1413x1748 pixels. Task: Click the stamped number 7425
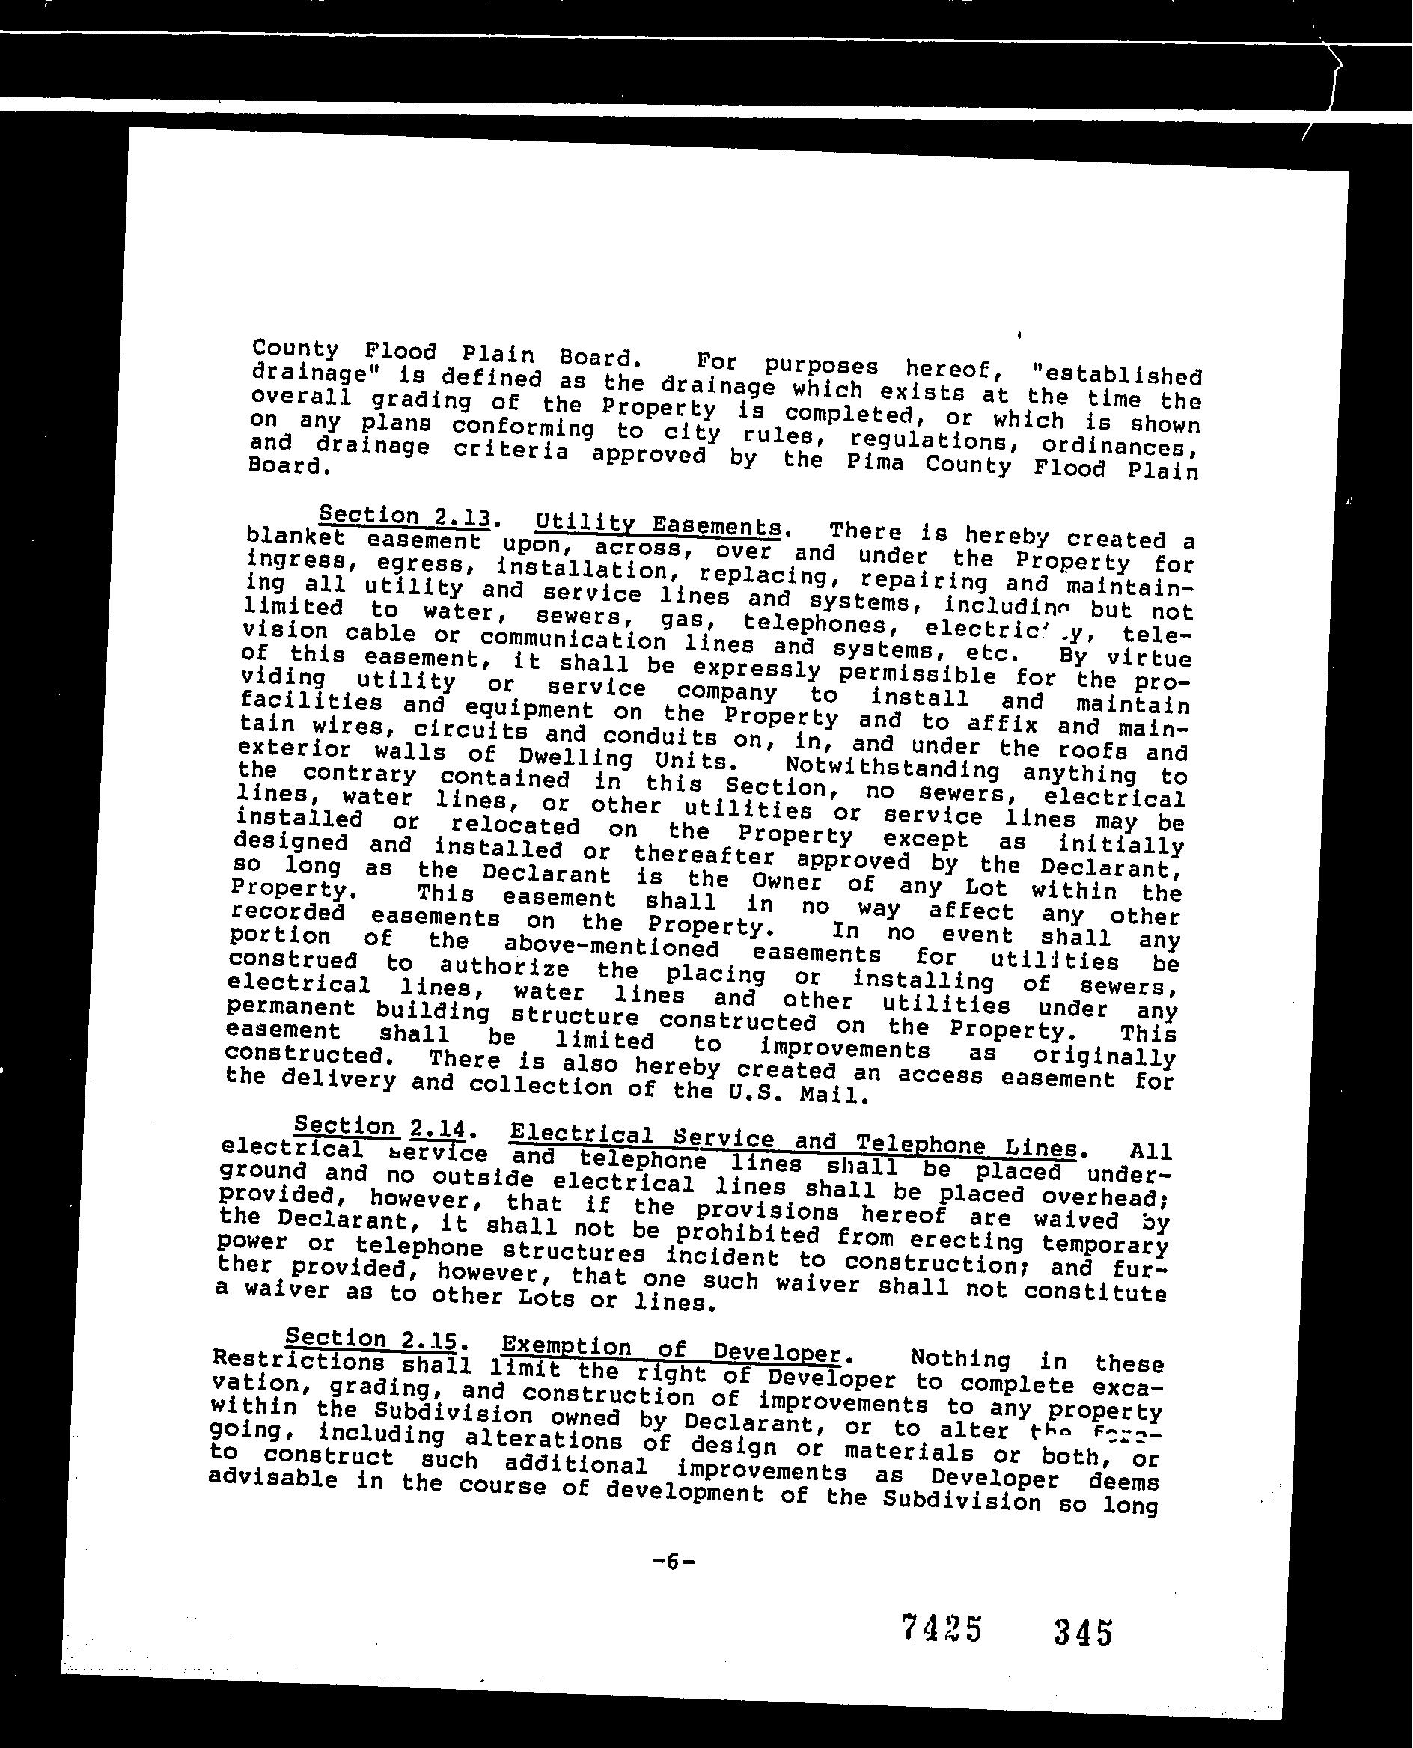click(x=942, y=1629)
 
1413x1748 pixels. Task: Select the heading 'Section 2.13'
click(x=405, y=516)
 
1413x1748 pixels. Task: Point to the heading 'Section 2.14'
click(x=379, y=1127)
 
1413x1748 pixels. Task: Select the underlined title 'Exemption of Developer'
click(x=671, y=1349)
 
